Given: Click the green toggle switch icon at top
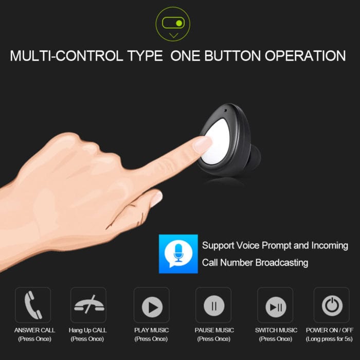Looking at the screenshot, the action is [x=173, y=23].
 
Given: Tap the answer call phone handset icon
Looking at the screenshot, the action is [x=33, y=305].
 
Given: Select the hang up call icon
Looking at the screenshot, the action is [x=89, y=305].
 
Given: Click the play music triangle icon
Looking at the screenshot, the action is [x=152, y=307].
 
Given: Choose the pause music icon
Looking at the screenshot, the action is [x=214, y=306].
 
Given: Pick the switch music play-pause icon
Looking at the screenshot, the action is [x=276, y=307].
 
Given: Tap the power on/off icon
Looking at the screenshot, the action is [x=332, y=306].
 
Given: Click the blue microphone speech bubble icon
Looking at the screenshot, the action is [x=178, y=254].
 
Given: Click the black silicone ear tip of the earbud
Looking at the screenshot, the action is [x=255, y=156].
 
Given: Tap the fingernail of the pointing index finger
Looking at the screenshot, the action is [x=203, y=144].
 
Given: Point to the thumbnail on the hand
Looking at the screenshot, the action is [x=156, y=199].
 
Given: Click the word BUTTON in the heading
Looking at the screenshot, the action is [x=232, y=56].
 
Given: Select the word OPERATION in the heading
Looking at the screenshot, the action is [x=305, y=56].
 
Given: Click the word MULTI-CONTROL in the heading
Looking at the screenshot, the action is [x=66, y=56].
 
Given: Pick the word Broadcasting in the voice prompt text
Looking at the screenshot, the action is [x=282, y=263].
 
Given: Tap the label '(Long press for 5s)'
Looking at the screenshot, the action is [x=329, y=339].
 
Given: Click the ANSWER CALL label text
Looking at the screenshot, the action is [x=34, y=330].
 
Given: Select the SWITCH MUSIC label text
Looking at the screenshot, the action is [x=276, y=330].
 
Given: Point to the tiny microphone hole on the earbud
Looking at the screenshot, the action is [x=225, y=110].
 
